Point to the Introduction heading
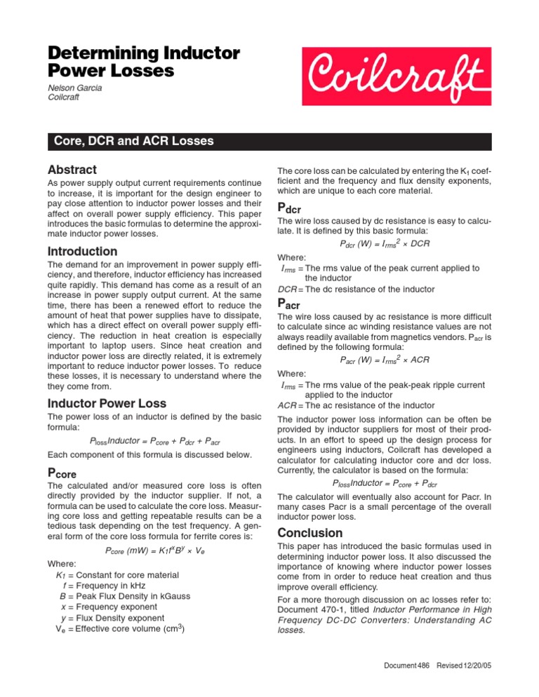82,251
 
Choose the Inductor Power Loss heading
106,404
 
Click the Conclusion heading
310,532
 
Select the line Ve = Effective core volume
116,628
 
